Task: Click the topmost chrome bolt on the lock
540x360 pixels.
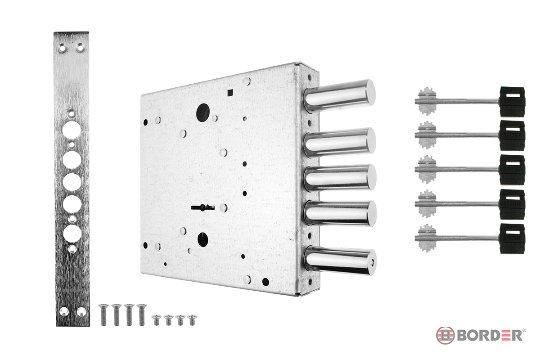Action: pyautogui.click(x=339, y=96)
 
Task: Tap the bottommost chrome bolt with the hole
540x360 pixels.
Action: pyautogui.click(x=340, y=261)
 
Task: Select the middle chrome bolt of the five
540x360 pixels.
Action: pyautogui.click(x=340, y=178)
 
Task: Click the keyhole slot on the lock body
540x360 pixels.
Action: pyautogui.click(x=203, y=207)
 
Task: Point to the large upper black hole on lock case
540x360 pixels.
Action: pyautogui.click(x=203, y=112)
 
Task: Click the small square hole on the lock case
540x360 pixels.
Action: pyautogui.click(x=230, y=93)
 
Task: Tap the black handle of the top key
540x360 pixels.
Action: pyautogui.click(x=512, y=102)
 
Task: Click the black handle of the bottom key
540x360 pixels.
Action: pyautogui.click(x=512, y=238)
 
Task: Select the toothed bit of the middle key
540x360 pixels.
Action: pyautogui.click(x=427, y=169)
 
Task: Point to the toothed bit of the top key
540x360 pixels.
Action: pyautogui.click(x=427, y=101)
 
